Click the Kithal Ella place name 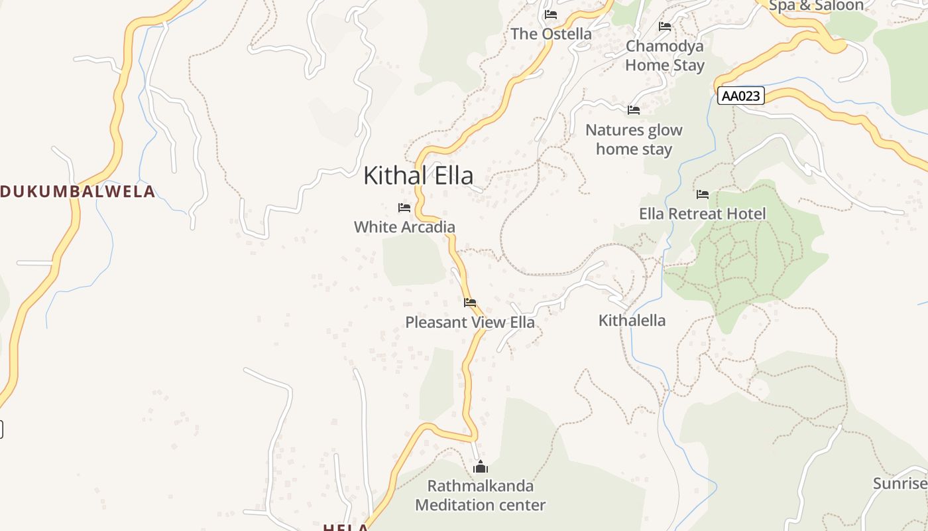[x=418, y=176]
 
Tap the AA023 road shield [x=740, y=96]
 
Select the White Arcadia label [x=404, y=227]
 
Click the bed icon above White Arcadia [x=404, y=208]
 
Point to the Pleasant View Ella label [x=470, y=323]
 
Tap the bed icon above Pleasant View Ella [x=470, y=303]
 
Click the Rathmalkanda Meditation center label [x=481, y=495]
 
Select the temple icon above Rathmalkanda [x=481, y=467]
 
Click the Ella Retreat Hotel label [x=703, y=214]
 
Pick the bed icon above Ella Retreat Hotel [x=703, y=194]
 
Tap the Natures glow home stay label [x=634, y=139]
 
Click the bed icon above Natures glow [x=634, y=110]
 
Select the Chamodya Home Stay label [x=665, y=56]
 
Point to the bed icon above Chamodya [x=665, y=27]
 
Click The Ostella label [x=551, y=34]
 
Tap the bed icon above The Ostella [x=551, y=15]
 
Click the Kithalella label [x=632, y=321]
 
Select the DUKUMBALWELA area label [x=78, y=192]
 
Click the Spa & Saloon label [x=816, y=6]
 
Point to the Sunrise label [x=900, y=483]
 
